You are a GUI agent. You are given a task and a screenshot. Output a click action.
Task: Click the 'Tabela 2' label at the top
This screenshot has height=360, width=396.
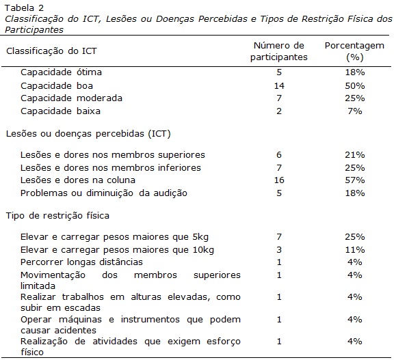(24, 8)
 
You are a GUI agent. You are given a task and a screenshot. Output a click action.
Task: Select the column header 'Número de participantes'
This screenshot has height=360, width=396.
(279, 51)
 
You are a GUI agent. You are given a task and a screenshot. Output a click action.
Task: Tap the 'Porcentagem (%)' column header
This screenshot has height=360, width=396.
(354, 51)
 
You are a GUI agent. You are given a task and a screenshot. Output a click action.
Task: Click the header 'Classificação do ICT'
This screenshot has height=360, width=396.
(51, 51)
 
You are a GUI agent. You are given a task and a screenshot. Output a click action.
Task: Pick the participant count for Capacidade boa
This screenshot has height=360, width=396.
(279, 86)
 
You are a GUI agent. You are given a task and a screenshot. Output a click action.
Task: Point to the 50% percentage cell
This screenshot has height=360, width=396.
(355, 86)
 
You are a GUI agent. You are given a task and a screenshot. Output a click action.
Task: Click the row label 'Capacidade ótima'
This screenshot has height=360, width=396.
(61, 72)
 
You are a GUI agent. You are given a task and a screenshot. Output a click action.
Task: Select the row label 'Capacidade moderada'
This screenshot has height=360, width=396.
(72, 98)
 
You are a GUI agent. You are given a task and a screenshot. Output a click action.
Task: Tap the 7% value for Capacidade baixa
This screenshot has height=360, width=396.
(355, 111)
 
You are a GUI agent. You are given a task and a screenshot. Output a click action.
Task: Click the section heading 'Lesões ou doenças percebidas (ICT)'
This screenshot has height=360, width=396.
(88, 133)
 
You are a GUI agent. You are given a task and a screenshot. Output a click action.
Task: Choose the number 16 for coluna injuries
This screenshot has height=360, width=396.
(279, 180)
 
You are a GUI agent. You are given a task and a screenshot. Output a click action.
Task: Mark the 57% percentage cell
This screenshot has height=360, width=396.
(355, 180)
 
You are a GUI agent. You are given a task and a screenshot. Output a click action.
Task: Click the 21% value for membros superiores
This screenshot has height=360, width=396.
(355, 154)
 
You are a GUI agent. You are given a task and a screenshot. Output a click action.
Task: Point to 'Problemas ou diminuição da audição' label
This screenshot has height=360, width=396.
(104, 193)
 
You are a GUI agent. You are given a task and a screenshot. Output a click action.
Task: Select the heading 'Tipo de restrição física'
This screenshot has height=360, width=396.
(57, 216)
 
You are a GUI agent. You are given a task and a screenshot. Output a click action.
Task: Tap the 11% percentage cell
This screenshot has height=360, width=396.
(355, 250)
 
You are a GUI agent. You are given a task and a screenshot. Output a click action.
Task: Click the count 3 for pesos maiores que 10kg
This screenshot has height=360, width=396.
(279, 250)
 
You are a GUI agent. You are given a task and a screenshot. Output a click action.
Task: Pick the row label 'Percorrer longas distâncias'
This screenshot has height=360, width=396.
(81, 262)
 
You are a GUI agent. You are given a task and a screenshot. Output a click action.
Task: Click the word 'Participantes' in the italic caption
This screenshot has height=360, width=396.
(34, 30)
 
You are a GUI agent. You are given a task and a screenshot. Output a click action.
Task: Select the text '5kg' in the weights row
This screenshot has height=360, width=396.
(200, 237)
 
